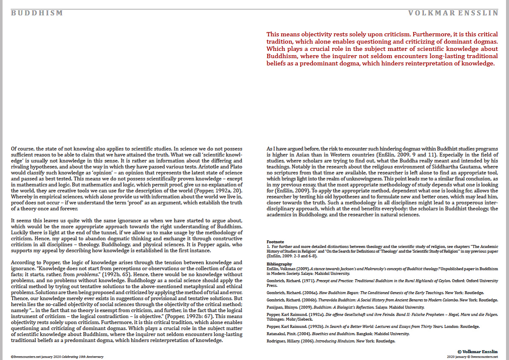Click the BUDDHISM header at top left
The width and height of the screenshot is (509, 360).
point(37,13)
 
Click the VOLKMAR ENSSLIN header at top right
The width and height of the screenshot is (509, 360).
point(453,13)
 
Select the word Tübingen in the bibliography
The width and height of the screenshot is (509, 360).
point(276,319)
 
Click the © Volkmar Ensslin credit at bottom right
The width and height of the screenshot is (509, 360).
point(478,351)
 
